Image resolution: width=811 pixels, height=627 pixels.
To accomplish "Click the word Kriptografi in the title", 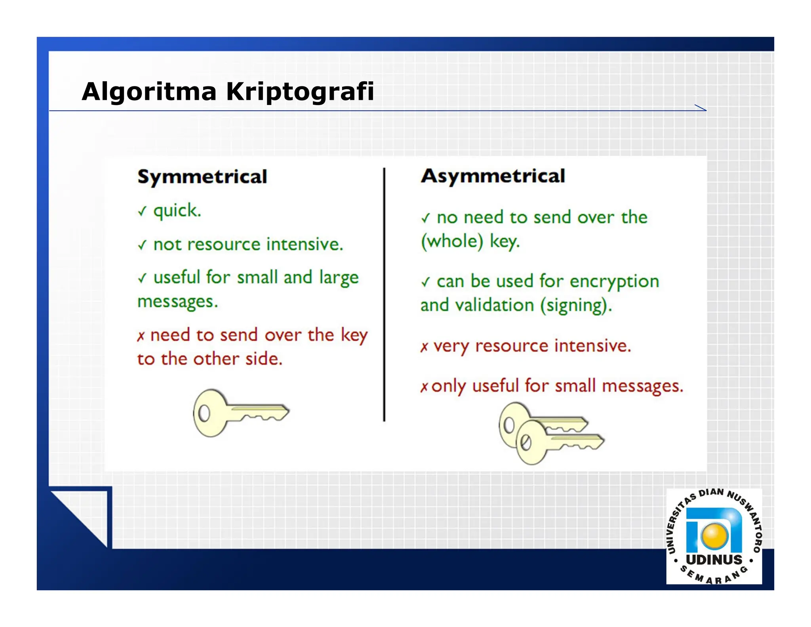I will tap(300, 92).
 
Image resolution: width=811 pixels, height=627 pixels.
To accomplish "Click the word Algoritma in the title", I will tap(149, 92).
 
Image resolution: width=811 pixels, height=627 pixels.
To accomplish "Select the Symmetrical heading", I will tap(202, 177).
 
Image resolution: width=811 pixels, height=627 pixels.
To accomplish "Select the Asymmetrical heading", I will tap(493, 176).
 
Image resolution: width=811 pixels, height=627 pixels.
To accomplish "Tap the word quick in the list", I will tap(177, 211).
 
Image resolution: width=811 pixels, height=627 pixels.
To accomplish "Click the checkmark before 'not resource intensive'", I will tap(142, 245).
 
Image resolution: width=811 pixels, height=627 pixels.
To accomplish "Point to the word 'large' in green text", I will tap(339, 277).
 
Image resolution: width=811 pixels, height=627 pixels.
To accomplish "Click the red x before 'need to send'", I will tap(141, 336).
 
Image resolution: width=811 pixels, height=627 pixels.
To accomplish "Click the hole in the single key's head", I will tap(204, 413).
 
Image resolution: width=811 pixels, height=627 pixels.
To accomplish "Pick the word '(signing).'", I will tap(576, 306).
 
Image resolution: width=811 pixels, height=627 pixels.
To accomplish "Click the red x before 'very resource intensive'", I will tap(424, 347).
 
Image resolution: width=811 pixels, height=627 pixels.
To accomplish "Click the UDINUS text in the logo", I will tap(714, 560).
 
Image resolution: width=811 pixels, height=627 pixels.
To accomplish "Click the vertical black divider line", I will tap(384, 293).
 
